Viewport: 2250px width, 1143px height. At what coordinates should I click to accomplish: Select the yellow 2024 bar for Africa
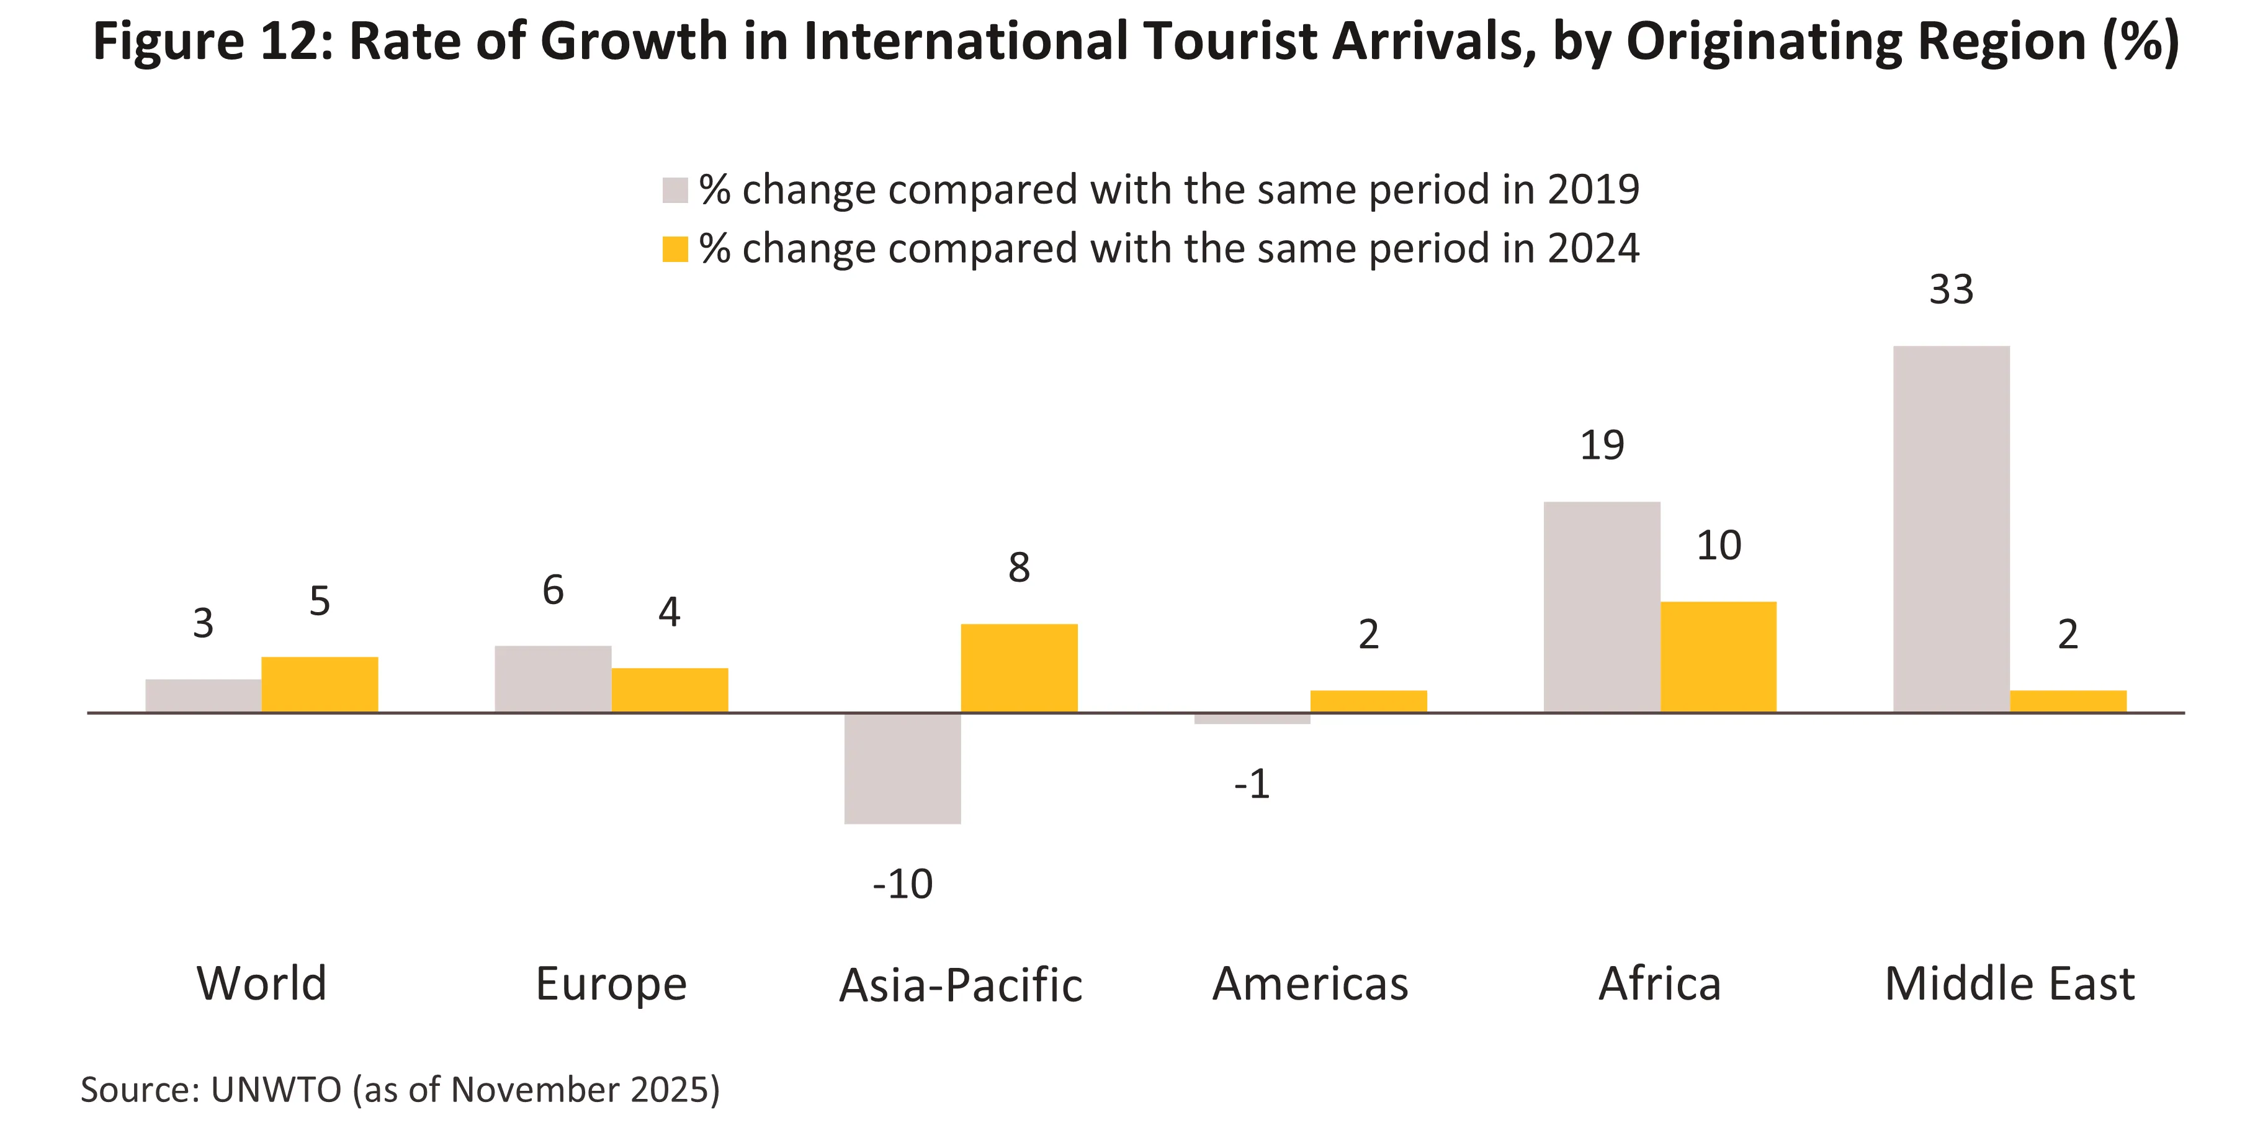pyautogui.click(x=1718, y=656)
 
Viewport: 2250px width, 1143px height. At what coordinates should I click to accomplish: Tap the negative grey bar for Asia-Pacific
pyautogui.click(x=902, y=768)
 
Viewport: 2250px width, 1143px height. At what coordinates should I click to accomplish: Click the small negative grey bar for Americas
pyautogui.click(x=1252, y=718)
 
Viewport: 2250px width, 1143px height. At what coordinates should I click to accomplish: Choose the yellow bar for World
pyautogui.click(x=320, y=684)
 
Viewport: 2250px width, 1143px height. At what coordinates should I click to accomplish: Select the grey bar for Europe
pyautogui.click(x=553, y=679)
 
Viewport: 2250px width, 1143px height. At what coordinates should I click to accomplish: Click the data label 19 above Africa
pyautogui.click(x=1602, y=446)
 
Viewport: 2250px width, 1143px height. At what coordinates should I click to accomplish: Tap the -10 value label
pyautogui.click(x=902, y=884)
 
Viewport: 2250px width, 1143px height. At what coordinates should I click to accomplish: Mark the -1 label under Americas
pyautogui.click(x=1251, y=784)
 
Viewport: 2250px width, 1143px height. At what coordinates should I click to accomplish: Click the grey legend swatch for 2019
pyautogui.click(x=675, y=189)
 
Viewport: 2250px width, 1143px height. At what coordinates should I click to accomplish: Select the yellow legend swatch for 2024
pyautogui.click(x=675, y=249)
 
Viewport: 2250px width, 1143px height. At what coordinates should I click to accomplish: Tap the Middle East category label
pyautogui.click(x=2009, y=984)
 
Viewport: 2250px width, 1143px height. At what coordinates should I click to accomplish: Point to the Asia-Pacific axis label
pyautogui.click(x=960, y=985)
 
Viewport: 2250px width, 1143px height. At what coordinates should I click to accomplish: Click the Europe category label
pyautogui.click(x=611, y=985)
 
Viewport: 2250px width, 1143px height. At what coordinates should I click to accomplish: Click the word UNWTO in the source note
pyautogui.click(x=276, y=1090)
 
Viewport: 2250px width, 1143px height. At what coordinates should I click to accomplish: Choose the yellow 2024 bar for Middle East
pyautogui.click(x=2068, y=701)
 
